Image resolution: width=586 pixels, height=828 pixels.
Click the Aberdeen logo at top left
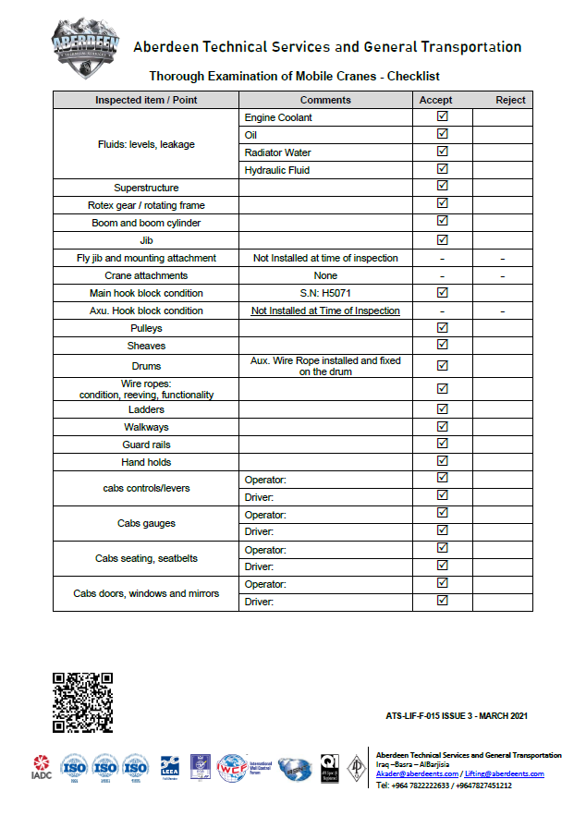pyautogui.click(x=85, y=44)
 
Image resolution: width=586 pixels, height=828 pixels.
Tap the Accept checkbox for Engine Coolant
pyautogui.click(x=442, y=117)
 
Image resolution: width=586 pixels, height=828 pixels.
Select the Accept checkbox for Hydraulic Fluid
pyautogui.click(x=442, y=170)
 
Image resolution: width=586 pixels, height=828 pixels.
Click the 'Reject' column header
pyautogui.click(x=510, y=100)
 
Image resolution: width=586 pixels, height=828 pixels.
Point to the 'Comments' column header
pyautogui.click(x=325, y=100)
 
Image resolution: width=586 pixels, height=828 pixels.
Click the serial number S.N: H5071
pyautogui.click(x=325, y=293)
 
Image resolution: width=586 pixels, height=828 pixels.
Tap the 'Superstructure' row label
pyautogui.click(x=146, y=188)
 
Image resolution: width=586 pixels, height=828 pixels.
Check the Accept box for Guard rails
pyautogui.click(x=442, y=444)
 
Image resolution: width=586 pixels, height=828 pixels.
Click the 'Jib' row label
pyautogui.click(x=146, y=240)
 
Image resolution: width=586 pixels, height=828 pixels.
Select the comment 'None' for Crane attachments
pyautogui.click(x=325, y=275)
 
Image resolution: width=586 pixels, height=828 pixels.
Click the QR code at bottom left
pyautogui.click(x=83, y=702)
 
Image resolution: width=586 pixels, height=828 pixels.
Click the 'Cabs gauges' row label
pyautogui.click(x=146, y=523)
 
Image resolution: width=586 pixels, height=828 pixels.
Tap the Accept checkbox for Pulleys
pyautogui.click(x=442, y=328)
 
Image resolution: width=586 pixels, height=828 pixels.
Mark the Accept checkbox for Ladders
pyautogui.click(x=442, y=409)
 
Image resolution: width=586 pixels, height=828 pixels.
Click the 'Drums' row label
pyautogui.click(x=146, y=366)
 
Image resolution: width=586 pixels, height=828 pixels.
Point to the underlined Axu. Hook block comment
pyautogui.click(x=325, y=310)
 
